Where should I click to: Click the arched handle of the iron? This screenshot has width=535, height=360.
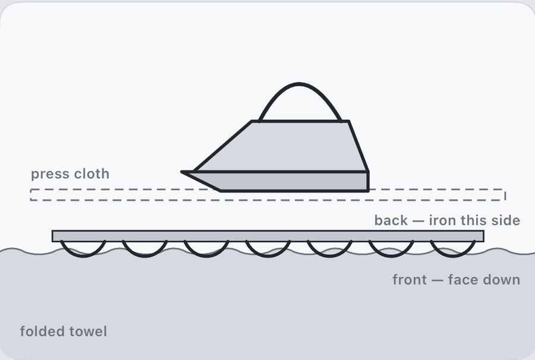click(x=300, y=84)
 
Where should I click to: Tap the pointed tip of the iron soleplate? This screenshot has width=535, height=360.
click(x=181, y=172)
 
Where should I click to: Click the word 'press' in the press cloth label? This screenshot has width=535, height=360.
click(x=50, y=175)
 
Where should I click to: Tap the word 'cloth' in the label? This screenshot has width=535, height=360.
click(x=92, y=173)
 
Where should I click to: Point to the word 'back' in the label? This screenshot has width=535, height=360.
click(x=391, y=220)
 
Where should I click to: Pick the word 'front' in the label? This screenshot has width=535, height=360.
click(x=410, y=280)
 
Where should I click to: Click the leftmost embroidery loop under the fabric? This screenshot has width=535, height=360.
click(x=83, y=255)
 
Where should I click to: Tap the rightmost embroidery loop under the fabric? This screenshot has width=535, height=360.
click(x=453, y=255)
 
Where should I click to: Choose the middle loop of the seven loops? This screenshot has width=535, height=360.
click(x=268, y=255)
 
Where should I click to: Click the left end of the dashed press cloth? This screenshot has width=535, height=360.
click(x=31, y=195)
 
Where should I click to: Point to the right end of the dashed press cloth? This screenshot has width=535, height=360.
click(x=505, y=195)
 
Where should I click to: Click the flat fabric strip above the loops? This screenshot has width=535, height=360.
click(x=268, y=236)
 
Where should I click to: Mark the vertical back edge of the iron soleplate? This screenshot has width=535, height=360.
click(x=368, y=181)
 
